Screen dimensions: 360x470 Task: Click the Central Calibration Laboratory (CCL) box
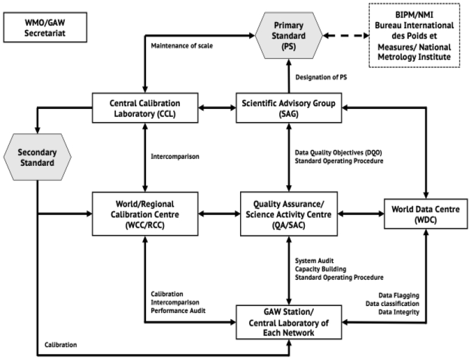(x=144, y=108)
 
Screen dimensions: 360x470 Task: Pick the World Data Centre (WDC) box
(x=426, y=215)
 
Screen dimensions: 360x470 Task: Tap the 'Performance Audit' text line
(x=178, y=311)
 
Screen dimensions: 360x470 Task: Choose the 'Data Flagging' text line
(x=398, y=295)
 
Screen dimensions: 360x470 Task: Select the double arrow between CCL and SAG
(x=217, y=107)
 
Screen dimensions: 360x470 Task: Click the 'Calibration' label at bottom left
(x=61, y=344)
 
